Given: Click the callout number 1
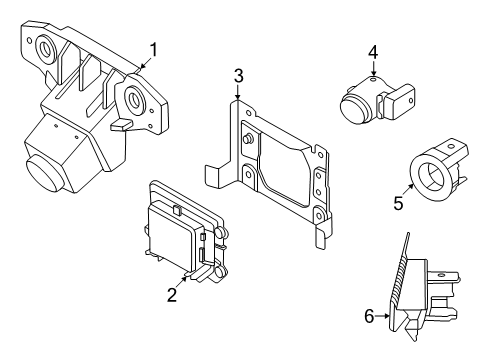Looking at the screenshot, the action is pos(153,50).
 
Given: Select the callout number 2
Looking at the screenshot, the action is pos(172,295).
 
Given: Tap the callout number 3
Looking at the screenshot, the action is pos(238,76).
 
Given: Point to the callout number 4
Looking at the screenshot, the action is pos(373,52).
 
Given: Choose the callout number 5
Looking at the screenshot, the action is pos(398,203).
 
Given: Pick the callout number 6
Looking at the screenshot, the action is pos(369,316).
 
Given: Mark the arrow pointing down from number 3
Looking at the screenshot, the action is pos(238,92).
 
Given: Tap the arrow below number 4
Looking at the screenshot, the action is pos(373,68).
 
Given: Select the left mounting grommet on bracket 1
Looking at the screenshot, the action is pos(45,49).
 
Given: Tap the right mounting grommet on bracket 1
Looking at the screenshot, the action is pos(134,98).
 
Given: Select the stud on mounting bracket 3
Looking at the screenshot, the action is pos(248,139).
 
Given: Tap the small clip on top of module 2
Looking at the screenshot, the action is pos(177,209).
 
